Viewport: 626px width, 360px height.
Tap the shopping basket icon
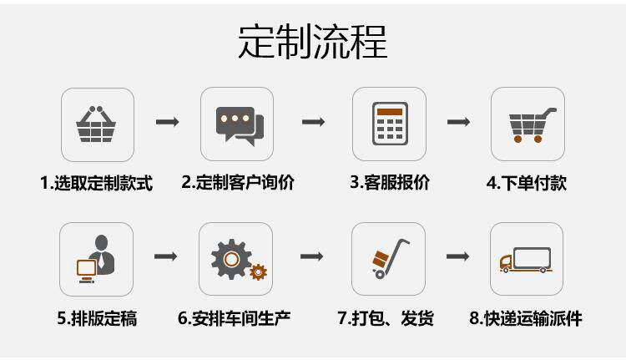tap(97, 124)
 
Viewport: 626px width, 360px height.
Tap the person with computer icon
tap(97, 259)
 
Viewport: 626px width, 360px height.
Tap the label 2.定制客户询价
tap(238, 182)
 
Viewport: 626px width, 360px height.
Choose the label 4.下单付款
tap(527, 182)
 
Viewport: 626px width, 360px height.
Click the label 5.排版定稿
tap(97, 318)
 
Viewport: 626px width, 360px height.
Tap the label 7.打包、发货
tap(386, 318)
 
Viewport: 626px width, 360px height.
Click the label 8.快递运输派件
tap(526, 318)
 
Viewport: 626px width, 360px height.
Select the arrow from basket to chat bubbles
tap(167, 123)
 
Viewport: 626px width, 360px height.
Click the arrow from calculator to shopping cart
tap(457, 123)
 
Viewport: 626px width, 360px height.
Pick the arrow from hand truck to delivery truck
tap(457, 256)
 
